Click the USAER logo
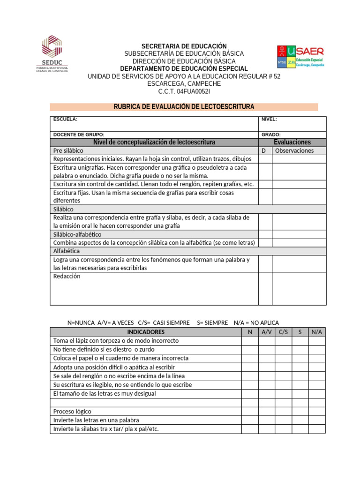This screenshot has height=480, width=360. point(300,57)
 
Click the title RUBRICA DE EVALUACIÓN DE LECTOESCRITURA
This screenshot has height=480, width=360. point(184,107)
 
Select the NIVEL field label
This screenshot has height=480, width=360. point(269,120)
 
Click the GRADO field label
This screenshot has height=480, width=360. point(271,135)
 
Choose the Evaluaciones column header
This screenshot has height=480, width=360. point(292,142)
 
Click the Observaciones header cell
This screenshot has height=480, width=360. point(294,151)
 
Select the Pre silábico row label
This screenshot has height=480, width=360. point(68,151)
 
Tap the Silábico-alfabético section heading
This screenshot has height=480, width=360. point(77,234)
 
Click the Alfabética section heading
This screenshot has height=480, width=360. point(67,251)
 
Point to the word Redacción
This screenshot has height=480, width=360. point(67,277)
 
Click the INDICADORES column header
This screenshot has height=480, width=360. point(146,332)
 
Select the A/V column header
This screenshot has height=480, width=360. point(266,332)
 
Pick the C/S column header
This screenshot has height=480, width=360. point(283,332)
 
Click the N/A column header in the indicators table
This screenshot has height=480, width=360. point(316,332)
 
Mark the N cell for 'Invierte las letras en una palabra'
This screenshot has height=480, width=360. point(250,420)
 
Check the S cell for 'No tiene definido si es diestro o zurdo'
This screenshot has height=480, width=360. point(300,350)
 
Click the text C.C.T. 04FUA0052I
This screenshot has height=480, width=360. point(184,91)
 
